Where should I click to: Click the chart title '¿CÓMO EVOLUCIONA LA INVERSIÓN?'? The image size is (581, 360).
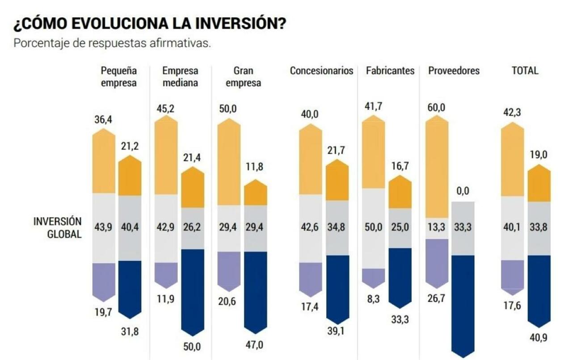[149, 25]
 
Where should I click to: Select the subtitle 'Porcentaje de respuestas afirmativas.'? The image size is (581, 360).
[112, 44]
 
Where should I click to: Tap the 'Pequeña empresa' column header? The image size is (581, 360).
[118, 76]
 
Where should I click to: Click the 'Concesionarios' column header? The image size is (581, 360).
[321, 71]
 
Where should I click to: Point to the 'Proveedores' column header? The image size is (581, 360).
[454, 71]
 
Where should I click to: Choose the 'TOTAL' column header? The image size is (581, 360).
[525, 71]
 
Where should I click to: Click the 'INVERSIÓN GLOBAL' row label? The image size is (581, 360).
[58, 228]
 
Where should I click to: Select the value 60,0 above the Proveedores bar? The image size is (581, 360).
[437, 108]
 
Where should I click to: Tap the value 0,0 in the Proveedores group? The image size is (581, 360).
[463, 191]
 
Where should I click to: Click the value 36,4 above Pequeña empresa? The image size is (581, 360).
[103, 120]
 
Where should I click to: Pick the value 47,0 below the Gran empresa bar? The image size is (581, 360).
[255, 345]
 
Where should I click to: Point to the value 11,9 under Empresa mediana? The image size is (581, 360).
[166, 299]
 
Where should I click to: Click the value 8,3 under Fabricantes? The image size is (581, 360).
[373, 299]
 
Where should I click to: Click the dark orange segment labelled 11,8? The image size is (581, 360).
[255, 195]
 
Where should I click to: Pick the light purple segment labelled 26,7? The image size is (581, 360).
[437, 261]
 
